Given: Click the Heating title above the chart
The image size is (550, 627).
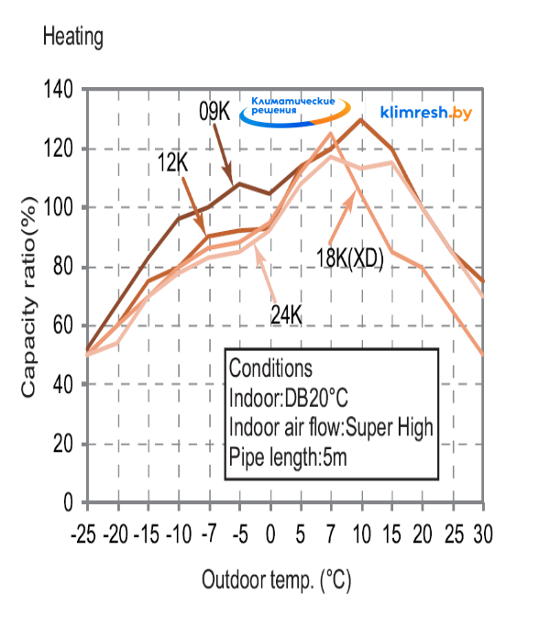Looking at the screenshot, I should [72, 38].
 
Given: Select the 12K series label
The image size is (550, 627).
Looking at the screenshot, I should [173, 162].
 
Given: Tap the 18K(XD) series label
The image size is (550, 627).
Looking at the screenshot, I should [349, 259].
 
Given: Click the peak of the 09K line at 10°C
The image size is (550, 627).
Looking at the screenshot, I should [361, 119].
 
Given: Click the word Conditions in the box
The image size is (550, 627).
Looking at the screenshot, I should [270, 368].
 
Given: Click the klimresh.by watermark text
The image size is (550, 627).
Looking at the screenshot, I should [425, 112].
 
